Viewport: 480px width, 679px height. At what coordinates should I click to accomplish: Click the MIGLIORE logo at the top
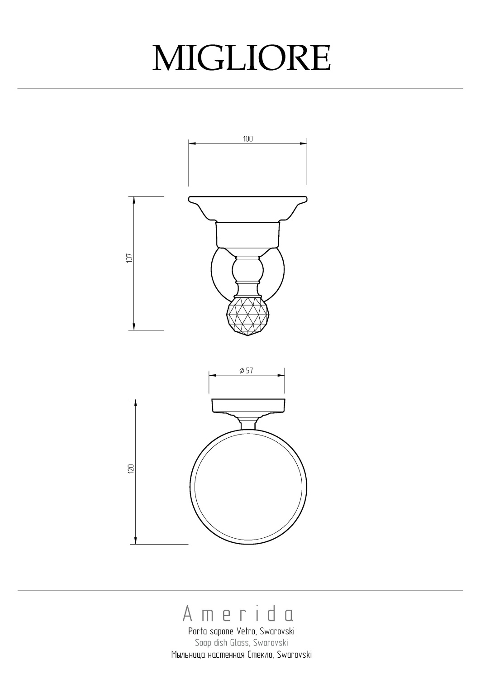coord(242,57)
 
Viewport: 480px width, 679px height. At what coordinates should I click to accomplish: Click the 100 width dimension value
coord(247,139)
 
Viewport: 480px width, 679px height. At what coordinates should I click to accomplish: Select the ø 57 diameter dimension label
coord(246,370)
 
